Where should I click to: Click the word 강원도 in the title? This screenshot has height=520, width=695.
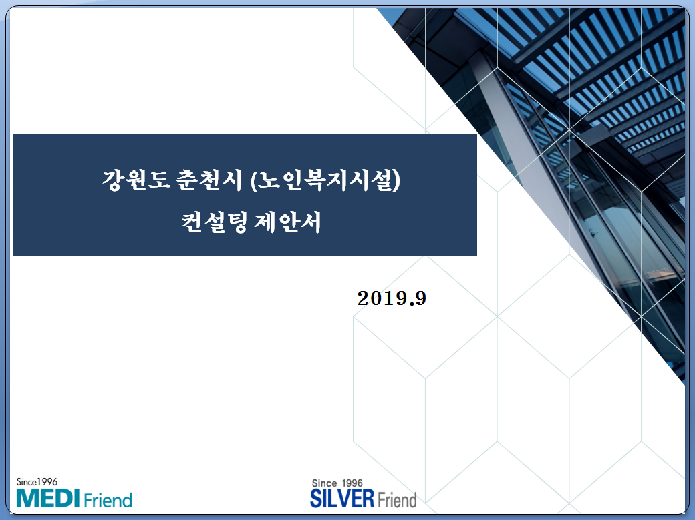(x=136, y=180)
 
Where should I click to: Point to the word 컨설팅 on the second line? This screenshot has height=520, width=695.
(x=214, y=222)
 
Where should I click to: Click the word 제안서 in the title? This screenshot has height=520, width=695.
(x=287, y=222)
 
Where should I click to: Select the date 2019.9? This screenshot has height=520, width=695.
(x=392, y=298)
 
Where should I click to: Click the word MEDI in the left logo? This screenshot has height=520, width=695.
(x=48, y=498)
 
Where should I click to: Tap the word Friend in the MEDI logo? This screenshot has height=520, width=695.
(x=108, y=500)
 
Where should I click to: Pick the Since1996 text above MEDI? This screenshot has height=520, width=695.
(x=37, y=481)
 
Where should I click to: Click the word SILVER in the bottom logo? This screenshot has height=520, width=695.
(x=342, y=499)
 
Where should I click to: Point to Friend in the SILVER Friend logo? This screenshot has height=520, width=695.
(x=397, y=499)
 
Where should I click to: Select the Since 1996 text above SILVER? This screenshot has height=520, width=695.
(x=337, y=483)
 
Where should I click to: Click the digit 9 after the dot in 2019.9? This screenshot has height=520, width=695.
(x=420, y=298)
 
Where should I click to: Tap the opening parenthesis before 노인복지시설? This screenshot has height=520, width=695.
(x=253, y=180)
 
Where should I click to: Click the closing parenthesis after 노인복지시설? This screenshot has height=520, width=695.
(x=397, y=180)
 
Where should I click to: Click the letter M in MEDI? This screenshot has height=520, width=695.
(x=26, y=498)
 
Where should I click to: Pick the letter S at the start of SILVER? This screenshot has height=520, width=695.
(x=315, y=499)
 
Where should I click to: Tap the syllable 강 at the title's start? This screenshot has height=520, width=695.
(x=113, y=180)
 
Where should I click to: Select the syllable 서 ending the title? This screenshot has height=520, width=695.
(x=311, y=222)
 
